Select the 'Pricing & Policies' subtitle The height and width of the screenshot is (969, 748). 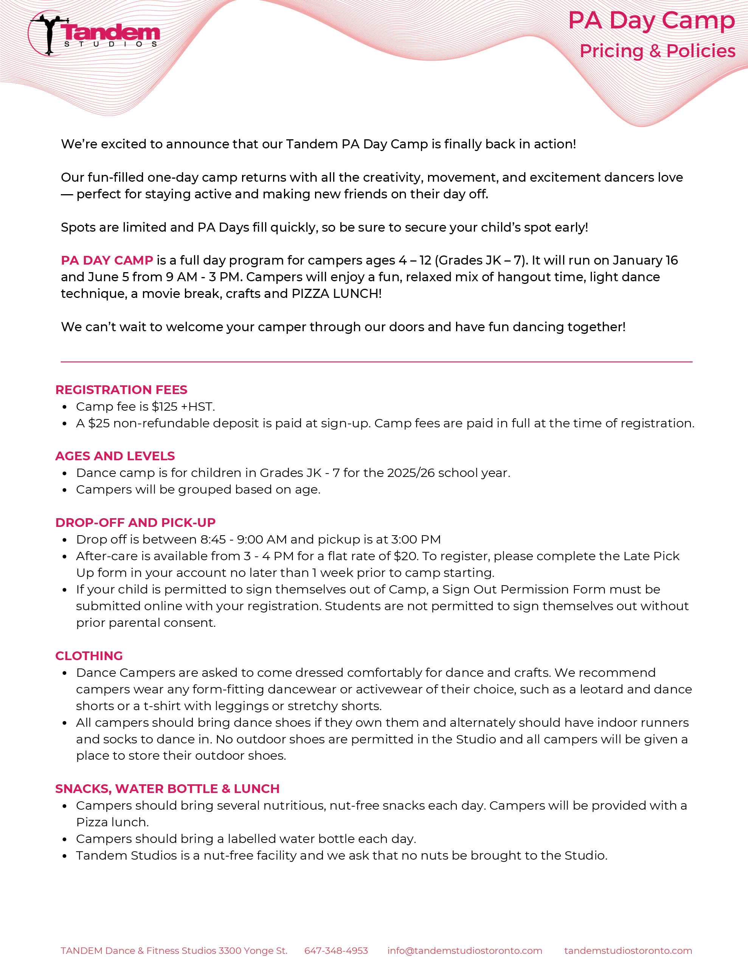657,51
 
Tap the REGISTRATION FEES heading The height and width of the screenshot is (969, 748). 121,389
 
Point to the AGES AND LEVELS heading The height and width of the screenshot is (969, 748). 115,456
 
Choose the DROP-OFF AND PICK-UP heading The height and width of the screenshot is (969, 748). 135,523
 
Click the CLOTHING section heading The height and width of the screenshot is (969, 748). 88,656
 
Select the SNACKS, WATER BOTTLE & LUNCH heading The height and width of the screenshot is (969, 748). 167,789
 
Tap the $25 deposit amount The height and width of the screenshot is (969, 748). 98,423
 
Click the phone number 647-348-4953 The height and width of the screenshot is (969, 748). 336,951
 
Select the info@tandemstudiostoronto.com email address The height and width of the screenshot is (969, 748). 465,951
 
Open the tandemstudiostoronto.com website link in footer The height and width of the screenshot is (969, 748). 628,951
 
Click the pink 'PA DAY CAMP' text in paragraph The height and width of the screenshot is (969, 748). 107,260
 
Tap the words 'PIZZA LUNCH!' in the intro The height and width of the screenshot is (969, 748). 336,294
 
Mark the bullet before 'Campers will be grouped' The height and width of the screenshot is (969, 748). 65,490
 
